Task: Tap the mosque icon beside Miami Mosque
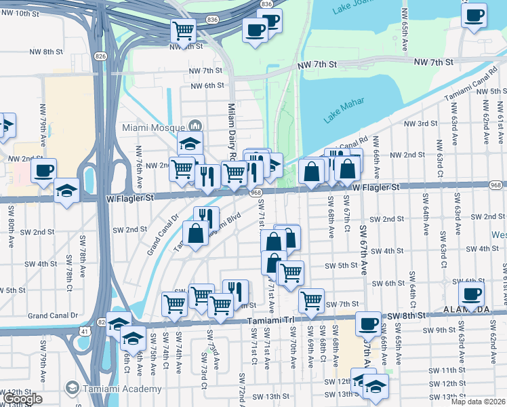coord(196,126)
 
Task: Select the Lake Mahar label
coord(344,110)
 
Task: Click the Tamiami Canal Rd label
coord(468,87)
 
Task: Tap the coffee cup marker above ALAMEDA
coord(472,294)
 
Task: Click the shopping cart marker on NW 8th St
coord(183,30)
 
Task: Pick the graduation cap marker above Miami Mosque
coord(190,143)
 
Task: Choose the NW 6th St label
coord(207,85)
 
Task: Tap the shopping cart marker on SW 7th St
coord(311,300)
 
